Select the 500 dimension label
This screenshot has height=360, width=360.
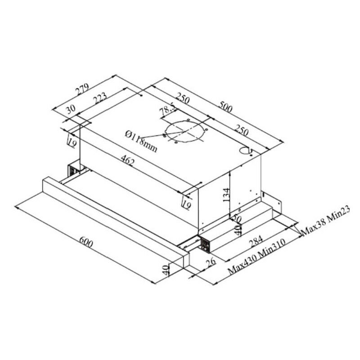(x=226, y=107)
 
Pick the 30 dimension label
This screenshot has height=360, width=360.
(x=71, y=109)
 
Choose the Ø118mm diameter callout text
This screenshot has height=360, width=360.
(x=142, y=141)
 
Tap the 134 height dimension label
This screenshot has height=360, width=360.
(x=226, y=195)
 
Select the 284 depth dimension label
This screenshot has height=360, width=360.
(x=256, y=242)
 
